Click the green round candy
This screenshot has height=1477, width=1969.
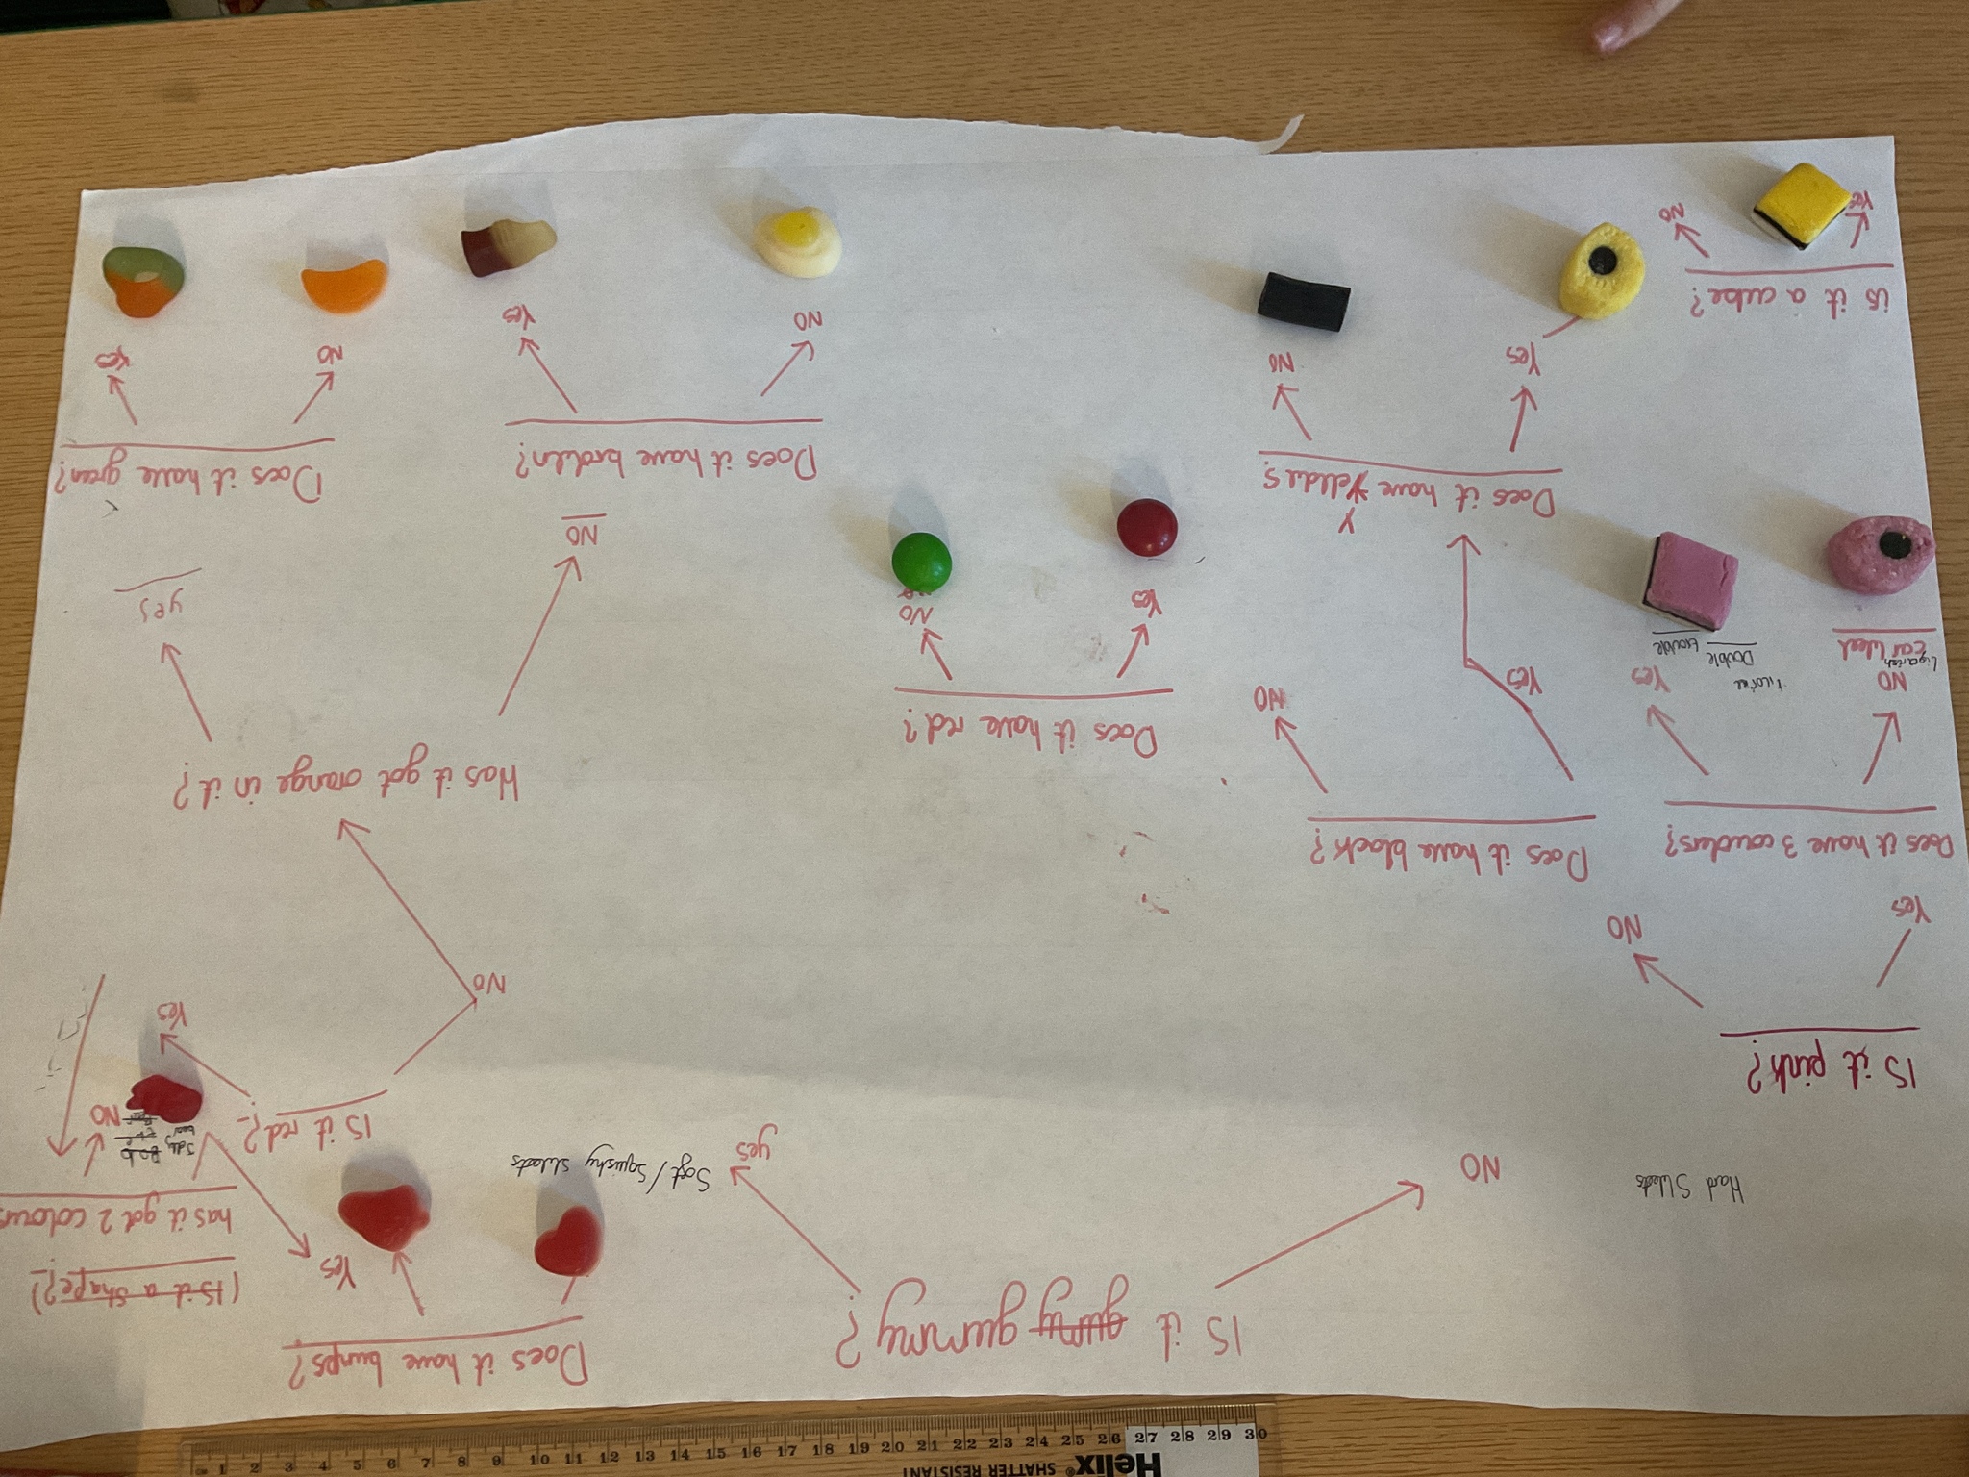coord(921,563)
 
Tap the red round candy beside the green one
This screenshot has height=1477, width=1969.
coord(1146,528)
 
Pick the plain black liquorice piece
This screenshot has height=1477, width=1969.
coord(1305,294)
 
